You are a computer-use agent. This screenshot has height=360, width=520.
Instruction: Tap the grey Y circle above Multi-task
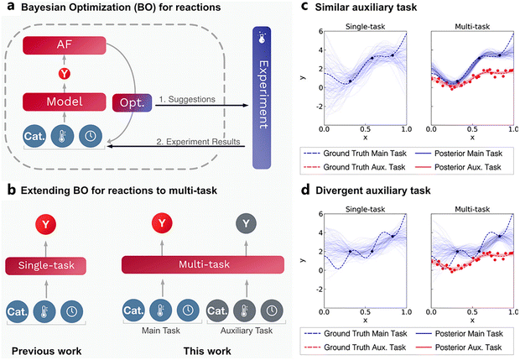[241, 223]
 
